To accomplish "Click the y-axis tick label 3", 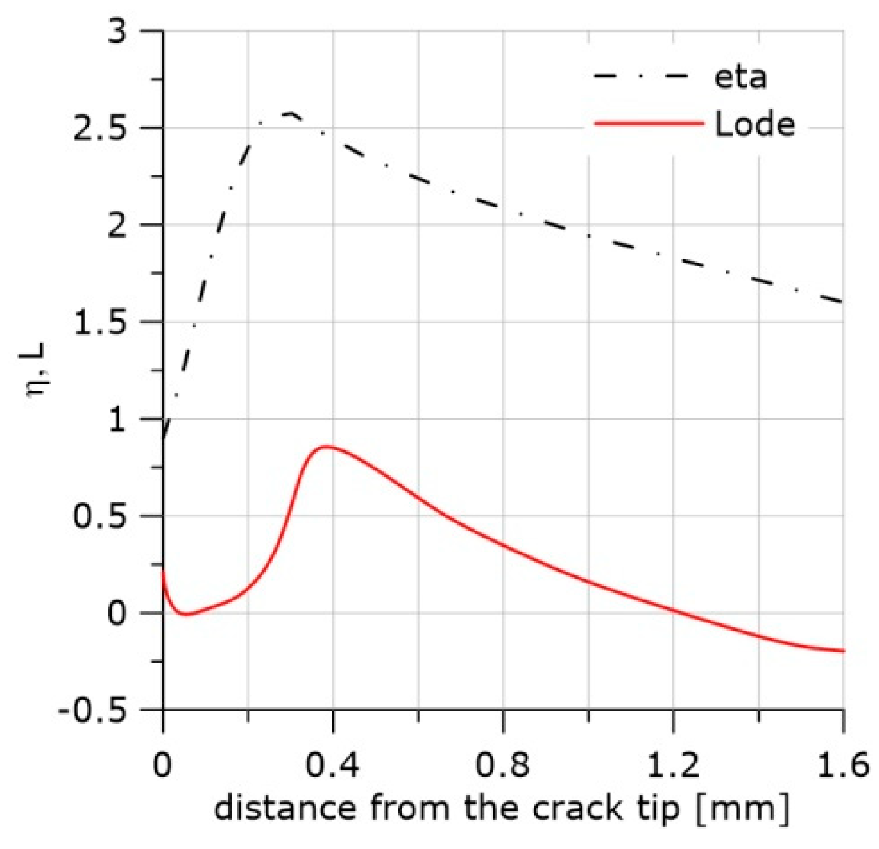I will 117,32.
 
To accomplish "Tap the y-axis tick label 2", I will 117,226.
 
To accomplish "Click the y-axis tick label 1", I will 117,420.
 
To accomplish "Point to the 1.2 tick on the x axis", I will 673,767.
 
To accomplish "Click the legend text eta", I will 740,77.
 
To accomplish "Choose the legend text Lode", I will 755,124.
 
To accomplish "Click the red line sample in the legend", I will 648,123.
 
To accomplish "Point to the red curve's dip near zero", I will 186,614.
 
